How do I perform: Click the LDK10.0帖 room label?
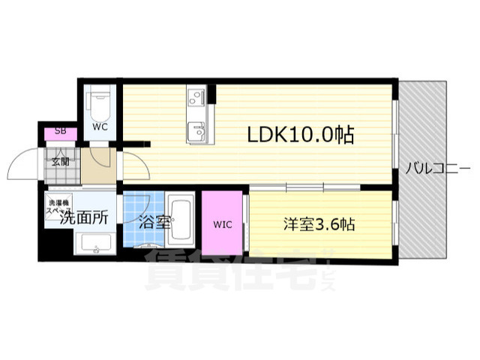(x=301, y=135)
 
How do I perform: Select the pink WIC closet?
(x=222, y=223)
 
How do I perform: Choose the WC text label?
(x=100, y=127)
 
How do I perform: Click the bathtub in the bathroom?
(x=181, y=220)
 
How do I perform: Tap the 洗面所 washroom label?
(x=83, y=218)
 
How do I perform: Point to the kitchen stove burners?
(x=196, y=97)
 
